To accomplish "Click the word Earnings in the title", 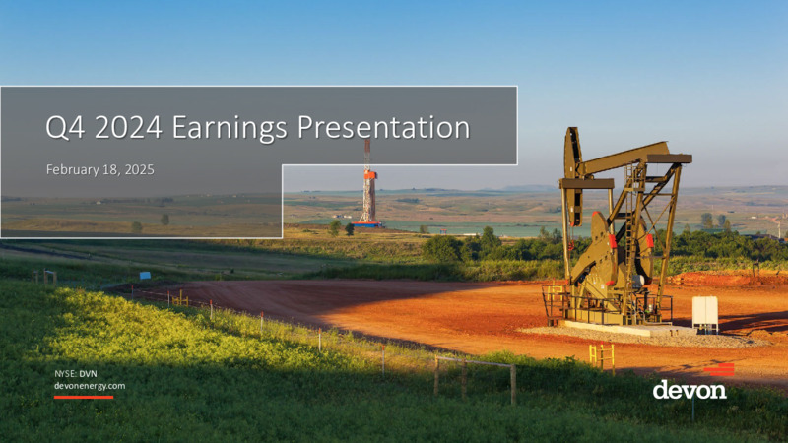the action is pos(230,128).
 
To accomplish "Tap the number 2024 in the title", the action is pos(128,127).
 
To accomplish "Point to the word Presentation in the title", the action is pos(383,127).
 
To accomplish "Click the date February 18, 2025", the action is pos(100,169).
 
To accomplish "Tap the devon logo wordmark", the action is pos(689,390).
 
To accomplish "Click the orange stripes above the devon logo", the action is pos(719,370).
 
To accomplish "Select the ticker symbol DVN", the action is pos(88,374).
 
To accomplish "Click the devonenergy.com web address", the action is pos(90,386).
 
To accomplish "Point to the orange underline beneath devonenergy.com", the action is pos(84,398).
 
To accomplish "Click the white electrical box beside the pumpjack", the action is pos(705,313).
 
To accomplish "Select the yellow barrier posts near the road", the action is pos(602,355).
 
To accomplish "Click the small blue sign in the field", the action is pos(145,276).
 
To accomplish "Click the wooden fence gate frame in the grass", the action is pos(475,379).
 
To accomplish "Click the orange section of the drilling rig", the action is pos(370,175).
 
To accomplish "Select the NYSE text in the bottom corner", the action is pos(65,374).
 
